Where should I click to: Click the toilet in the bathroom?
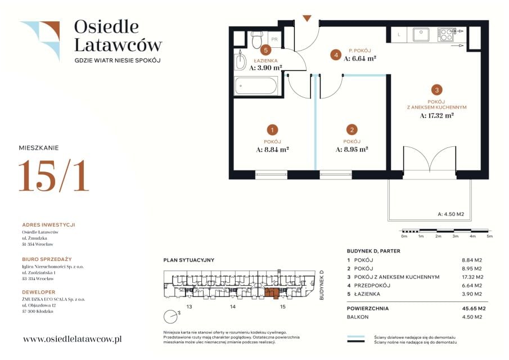(x=257, y=39)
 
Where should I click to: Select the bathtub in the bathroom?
(x=256, y=85)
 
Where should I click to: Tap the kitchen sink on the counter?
(x=421, y=34)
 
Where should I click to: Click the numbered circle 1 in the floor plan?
(x=272, y=130)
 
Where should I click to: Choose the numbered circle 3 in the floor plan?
(x=437, y=90)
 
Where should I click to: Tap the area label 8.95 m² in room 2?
(x=352, y=150)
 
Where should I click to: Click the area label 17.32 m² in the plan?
(x=436, y=115)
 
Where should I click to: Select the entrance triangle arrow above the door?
(x=307, y=18)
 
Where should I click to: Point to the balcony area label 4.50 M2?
(x=451, y=214)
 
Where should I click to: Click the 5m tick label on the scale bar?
(x=489, y=236)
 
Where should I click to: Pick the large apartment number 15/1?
(x=54, y=175)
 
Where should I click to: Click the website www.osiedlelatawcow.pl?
(x=73, y=339)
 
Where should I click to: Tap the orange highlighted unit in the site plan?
(x=272, y=292)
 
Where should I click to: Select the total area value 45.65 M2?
(x=474, y=308)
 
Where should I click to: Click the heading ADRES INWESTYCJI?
(x=49, y=224)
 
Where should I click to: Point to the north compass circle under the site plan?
(x=170, y=317)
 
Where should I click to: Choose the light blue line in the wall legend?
(x=356, y=337)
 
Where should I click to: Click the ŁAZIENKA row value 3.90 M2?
(x=472, y=294)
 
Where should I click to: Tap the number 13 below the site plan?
(x=189, y=307)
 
